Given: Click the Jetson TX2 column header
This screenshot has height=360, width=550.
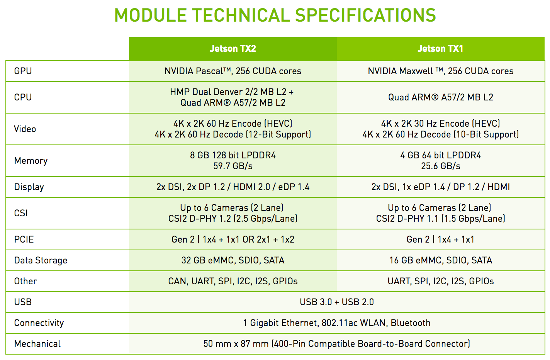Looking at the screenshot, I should [x=233, y=49].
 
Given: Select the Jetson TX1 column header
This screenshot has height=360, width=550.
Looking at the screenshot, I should [x=440, y=49].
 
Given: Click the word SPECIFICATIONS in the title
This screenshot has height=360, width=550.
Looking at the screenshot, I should [x=365, y=15].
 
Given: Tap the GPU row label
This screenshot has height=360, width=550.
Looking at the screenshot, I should [x=23, y=71].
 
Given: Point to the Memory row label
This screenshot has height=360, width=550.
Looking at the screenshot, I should [x=31, y=161].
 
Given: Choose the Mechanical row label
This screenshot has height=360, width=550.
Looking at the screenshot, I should [x=37, y=344].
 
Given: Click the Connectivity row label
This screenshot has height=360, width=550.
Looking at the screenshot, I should [x=39, y=323].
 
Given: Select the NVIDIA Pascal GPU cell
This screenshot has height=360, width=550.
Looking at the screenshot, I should [x=233, y=71].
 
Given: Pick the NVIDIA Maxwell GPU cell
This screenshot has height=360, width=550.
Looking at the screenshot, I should [x=440, y=71].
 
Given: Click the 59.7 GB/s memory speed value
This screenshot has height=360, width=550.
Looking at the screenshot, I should [x=233, y=166].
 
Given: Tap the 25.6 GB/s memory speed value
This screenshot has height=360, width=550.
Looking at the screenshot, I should [x=441, y=166].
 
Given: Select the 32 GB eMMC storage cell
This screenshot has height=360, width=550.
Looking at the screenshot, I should [x=233, y=260].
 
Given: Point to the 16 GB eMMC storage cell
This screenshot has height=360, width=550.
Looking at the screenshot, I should [x=441, y=260].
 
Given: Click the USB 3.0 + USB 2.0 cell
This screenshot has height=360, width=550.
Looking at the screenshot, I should [x=337, y=302].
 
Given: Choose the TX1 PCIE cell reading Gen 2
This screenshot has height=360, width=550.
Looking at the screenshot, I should [x=440, y=239].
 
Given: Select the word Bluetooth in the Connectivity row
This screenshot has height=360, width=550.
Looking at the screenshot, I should [x=411, y=323].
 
